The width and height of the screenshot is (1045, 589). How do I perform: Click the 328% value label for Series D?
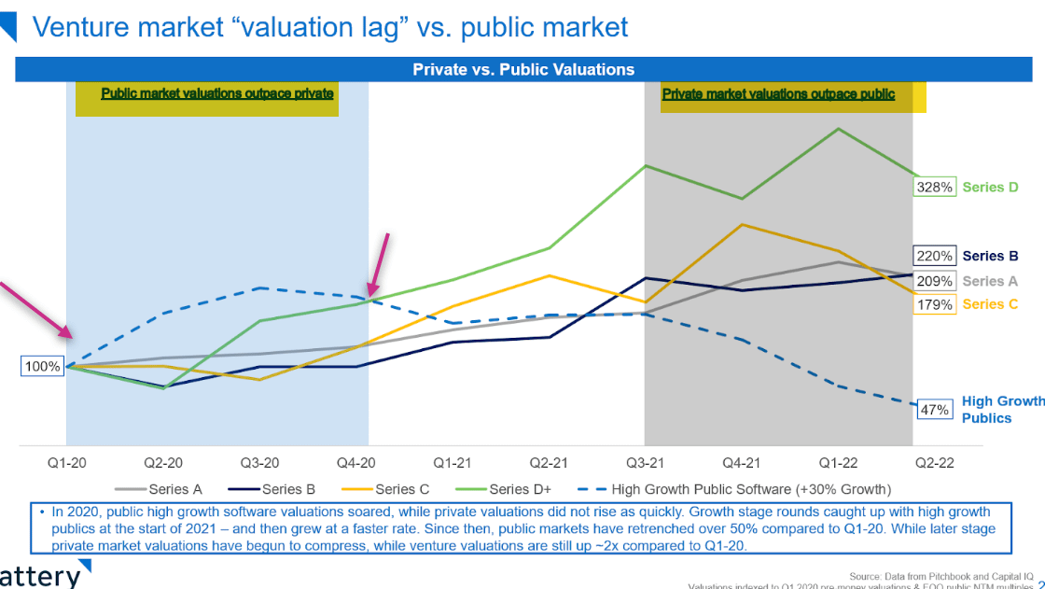[x=935, y=188]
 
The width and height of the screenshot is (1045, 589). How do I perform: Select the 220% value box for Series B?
[x=935, y=256]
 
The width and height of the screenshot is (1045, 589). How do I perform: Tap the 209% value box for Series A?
[x=935, y=281]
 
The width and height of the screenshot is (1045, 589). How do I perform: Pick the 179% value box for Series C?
[x=935, y=304]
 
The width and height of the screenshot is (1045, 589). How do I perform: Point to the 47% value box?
[x=935, y=409]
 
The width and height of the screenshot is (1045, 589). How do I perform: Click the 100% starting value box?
[x=43, y=367]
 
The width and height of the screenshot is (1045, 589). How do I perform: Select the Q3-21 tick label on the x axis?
[x=645, y=463]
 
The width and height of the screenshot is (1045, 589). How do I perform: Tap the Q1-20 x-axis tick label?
[x=66, y=463]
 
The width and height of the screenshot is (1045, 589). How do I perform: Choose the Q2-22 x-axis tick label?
[x=932, y=463]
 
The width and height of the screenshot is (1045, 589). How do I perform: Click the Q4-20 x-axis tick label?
[x=355, y=463]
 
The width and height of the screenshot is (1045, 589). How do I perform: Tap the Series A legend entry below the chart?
[x=158, y=488]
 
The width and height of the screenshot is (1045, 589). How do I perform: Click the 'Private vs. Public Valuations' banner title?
[x=523, y=69]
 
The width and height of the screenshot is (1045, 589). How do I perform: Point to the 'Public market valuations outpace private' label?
[x=217, y=94]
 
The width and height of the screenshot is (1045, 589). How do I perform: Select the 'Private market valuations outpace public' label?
[x=778, y=94]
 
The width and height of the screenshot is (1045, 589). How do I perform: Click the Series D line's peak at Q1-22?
[x=839, y=129]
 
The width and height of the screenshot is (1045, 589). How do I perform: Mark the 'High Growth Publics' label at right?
[x=1002, y=410]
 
